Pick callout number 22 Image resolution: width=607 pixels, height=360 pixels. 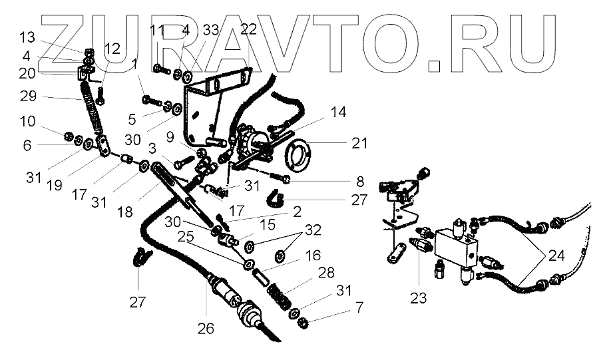click(x=248, y=30)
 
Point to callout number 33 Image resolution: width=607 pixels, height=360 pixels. click(x=211, y=30)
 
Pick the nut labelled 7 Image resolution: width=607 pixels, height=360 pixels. click(x=301, y=324)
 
